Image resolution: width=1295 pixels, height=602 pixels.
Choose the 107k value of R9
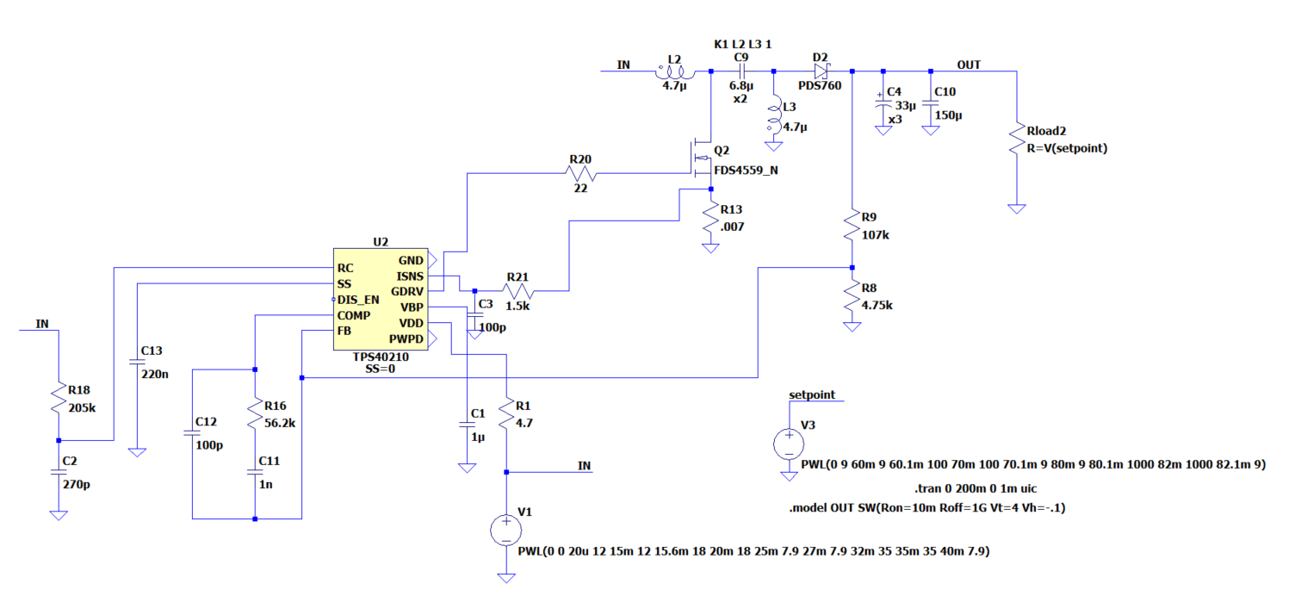[x=873, y=233]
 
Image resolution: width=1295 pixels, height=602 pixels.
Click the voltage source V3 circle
[x=788, y=444]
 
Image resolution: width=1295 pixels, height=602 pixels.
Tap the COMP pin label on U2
[x=353, y=315]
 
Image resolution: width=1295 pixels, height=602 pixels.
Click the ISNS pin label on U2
[x=410, y=276]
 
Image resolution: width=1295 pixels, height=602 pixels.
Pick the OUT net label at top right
[x=969, y=65]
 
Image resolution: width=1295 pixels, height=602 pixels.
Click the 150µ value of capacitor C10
[x=949, y=115]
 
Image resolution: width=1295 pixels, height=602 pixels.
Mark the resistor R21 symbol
[x=518, y=292]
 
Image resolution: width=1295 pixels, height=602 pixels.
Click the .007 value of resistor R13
[x=732, y=227]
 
